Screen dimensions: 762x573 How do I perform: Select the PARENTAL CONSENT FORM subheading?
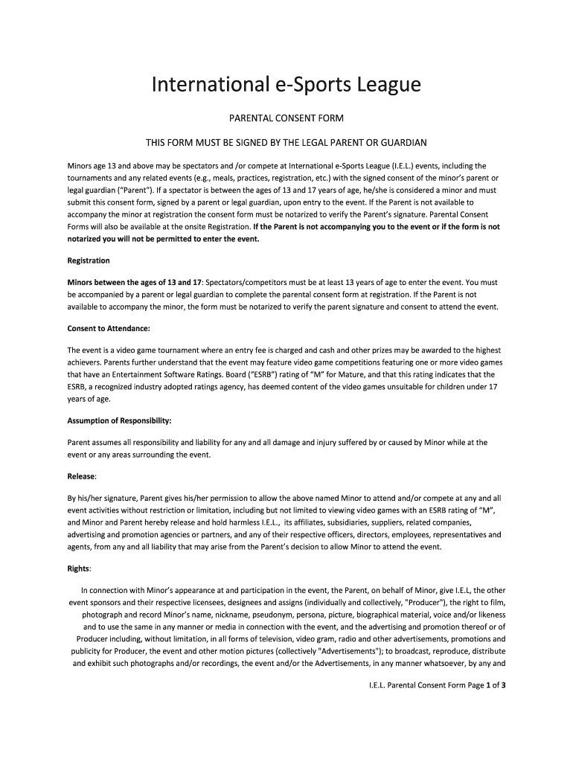click(x=286, y=118)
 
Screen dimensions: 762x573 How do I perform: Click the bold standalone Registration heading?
click(x=89, y=261)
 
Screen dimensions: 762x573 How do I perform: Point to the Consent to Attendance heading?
click(x=109, y=328)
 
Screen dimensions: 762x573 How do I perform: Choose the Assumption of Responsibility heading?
click(x=119, y=420)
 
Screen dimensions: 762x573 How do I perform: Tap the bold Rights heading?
click(x=79, y=569)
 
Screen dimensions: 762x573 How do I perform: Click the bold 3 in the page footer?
click(x=504, y=685)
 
